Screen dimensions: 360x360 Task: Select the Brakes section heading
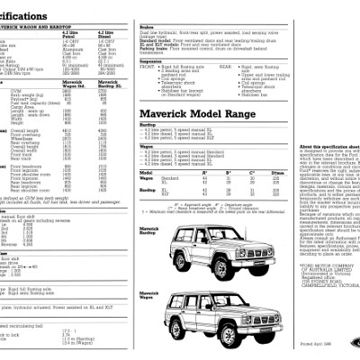coord(147,29)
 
